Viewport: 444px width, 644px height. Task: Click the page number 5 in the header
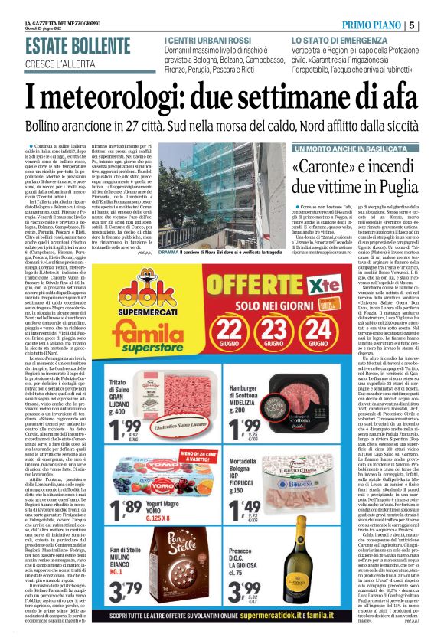click(433, 6)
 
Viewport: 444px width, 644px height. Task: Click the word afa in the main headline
click(409, 94)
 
